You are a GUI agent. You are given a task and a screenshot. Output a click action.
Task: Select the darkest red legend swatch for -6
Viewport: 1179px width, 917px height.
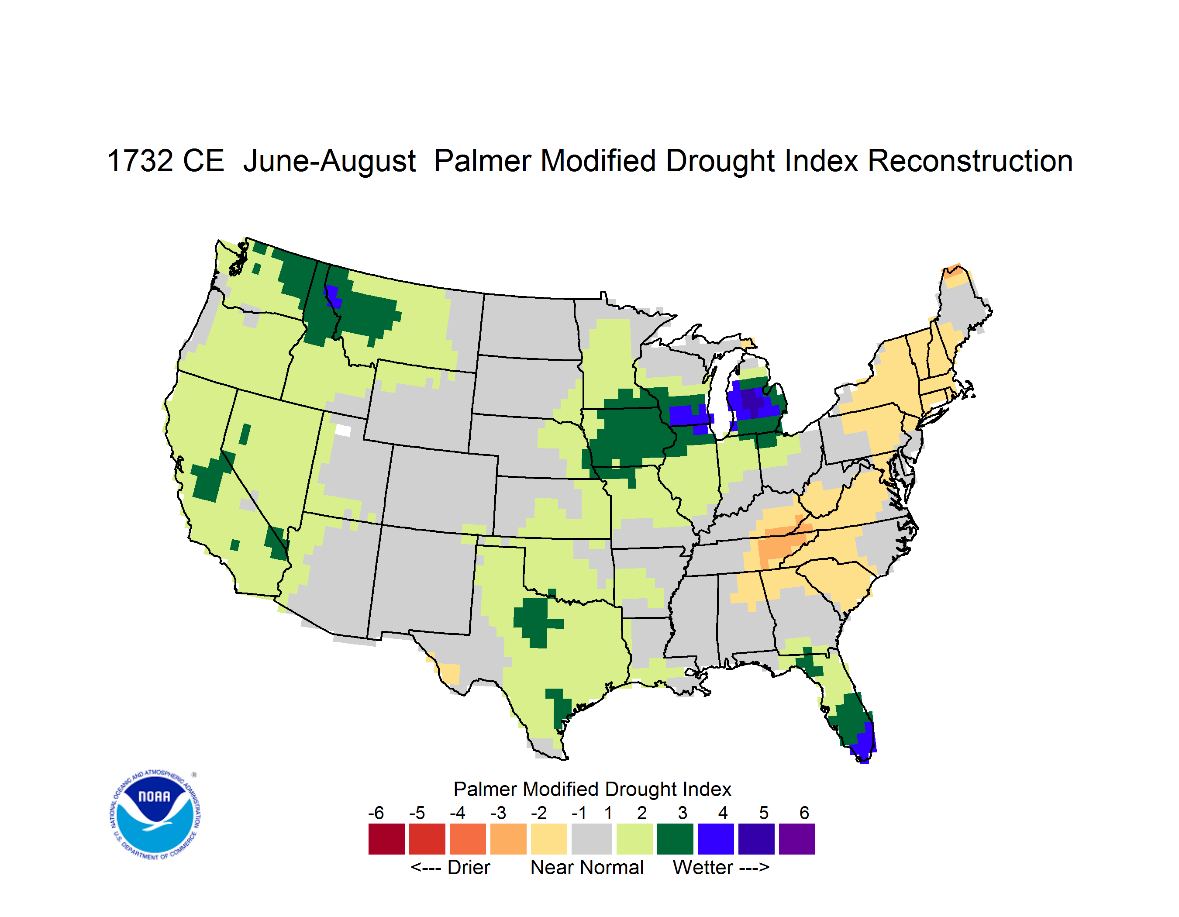click(x=386, y=839)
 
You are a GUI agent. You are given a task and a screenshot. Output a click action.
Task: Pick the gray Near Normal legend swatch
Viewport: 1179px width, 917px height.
click(x=592, y=839)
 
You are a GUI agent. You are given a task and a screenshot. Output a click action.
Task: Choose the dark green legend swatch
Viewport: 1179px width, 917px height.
click(x=675, y=839)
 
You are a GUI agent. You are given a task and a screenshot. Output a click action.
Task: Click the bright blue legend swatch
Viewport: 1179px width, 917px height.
click(x=716, y=839)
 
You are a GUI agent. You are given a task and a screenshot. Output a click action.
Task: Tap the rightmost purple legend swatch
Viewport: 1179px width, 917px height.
click(x=797, y=839)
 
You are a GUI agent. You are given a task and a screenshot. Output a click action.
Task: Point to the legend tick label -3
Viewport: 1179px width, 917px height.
click(x=498, y=813)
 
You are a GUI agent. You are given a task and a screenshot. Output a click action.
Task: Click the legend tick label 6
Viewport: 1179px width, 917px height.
click(x=804, y=813)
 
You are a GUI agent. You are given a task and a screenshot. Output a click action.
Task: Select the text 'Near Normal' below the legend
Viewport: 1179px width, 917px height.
click(x=587, y=867)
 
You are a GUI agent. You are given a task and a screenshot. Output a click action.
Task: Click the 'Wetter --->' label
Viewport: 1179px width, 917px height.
click(x=720, y=867)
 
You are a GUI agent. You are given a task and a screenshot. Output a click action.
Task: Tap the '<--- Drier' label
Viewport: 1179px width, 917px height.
click(x=450, y=867)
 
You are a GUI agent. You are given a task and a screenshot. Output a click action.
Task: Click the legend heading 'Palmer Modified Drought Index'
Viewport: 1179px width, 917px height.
click(x=592, y=789)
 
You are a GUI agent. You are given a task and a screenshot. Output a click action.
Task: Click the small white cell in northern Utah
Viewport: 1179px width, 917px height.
click(x=343, y=430)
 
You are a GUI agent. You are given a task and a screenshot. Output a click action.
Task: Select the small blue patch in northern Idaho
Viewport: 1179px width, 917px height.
click(x=333, y=297)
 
